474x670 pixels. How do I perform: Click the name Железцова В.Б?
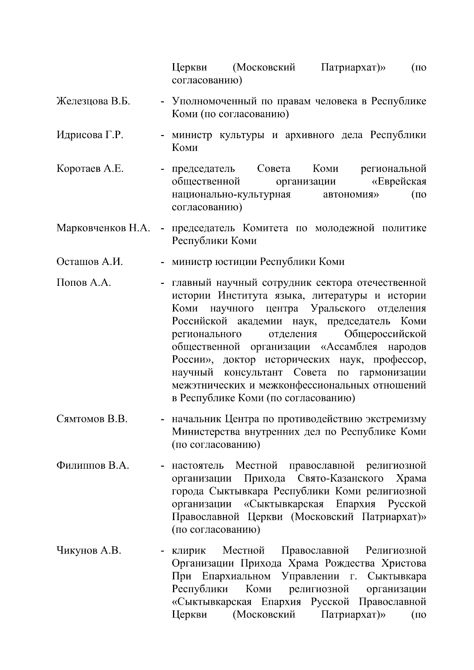93,101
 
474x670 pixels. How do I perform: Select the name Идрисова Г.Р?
90,135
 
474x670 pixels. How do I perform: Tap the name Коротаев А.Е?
90,169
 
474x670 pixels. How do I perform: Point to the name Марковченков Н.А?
103,228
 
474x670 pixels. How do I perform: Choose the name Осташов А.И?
90,262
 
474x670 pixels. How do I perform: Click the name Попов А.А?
84,283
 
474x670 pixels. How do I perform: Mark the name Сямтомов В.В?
92,419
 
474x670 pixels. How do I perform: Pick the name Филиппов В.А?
93,466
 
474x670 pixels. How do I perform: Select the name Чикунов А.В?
88,550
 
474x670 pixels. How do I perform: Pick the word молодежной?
344,228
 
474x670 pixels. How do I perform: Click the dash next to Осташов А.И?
162,262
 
